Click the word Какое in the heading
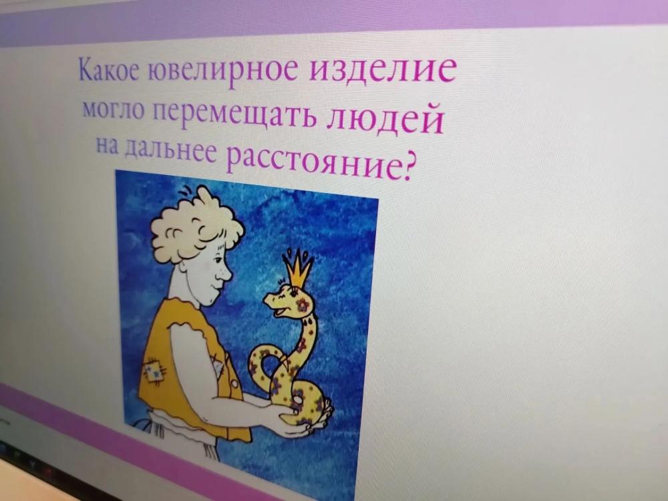[x=109, y=69]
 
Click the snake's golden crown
[x=297, y=267]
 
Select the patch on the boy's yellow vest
[x=154, y=369]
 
